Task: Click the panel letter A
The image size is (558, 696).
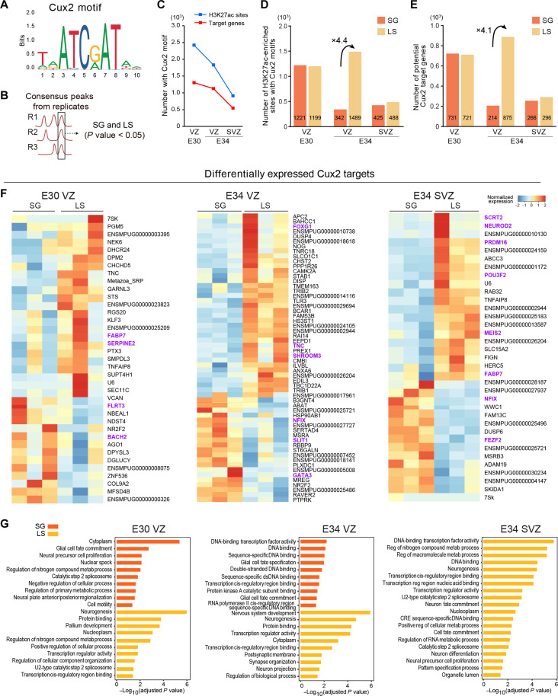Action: (x=5, y=6)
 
